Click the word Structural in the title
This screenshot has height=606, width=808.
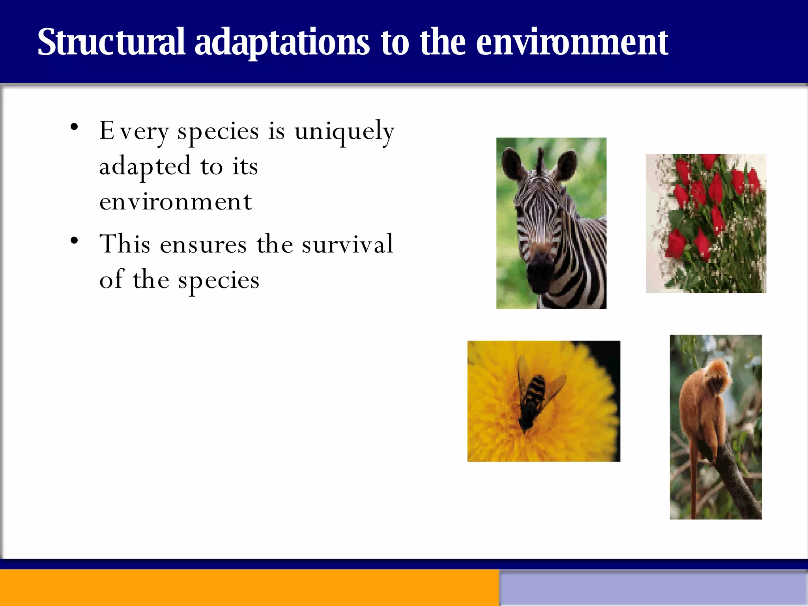pyautogui.click(x=111, y=43)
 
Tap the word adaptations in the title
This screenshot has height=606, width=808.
pyautogui.click(x=282, y=43)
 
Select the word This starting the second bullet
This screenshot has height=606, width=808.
pyautogui.click(x=125, y=244)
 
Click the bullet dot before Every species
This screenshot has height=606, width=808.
pyautogui.click(x=74, y=127)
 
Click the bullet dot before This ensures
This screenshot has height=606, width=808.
pyautogui.click(x=74, y=240)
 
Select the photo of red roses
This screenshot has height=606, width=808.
pyautogui.click(x=706, y=223)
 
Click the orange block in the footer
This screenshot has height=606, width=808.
pyautogui.click(x=249, y=588)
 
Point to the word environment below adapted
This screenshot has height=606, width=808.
pyautogui.click(x=176, y=202)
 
